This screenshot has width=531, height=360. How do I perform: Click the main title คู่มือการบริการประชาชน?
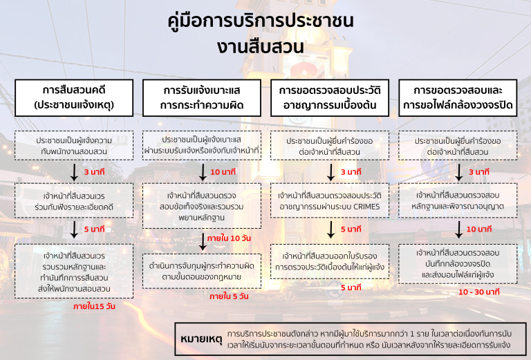point(261,20)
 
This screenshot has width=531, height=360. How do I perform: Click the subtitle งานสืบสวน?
point(261,46)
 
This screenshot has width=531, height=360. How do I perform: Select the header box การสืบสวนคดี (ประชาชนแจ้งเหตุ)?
point(74,98)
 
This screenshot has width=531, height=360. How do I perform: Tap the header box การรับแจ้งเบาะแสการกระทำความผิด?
point(202,98)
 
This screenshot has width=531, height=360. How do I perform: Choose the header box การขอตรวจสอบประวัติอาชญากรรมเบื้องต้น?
point(330,98)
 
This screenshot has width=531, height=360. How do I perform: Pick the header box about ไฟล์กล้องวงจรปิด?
point(458,98)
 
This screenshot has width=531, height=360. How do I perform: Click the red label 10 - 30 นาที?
point(479,292)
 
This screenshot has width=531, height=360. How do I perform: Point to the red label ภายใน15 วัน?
point(94,306)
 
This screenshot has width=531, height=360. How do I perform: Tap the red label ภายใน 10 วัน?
point(229,238)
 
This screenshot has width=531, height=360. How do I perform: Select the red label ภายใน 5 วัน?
point(229,296)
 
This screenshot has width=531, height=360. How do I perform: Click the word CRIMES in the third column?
point(366,207)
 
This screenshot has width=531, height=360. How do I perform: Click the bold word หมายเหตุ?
point(201,339)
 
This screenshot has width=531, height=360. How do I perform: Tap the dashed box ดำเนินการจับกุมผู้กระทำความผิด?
point(202,271)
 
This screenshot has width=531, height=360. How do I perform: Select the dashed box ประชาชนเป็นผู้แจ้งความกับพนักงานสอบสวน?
point(74,146)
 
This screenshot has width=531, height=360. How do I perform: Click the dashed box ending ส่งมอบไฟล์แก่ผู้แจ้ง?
point(458,263)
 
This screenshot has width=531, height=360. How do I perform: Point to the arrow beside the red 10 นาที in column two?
point(203,173)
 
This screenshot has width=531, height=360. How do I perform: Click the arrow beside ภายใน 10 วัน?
point(203,242)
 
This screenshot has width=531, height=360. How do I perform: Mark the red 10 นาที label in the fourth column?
point(479,229)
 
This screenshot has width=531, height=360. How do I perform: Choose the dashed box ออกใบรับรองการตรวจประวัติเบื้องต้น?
point(330,262)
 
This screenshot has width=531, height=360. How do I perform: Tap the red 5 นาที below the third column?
point(351,287)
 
